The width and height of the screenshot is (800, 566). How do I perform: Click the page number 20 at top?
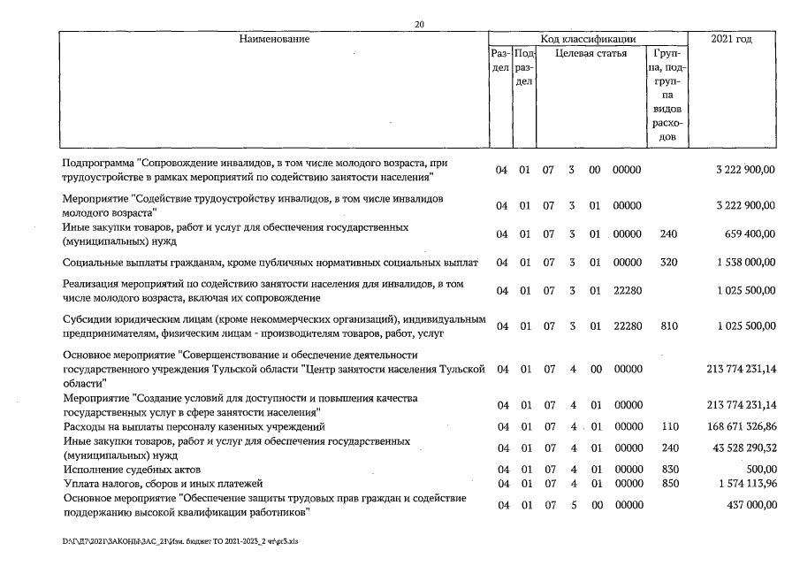pyautogui.click(x=419, y=24)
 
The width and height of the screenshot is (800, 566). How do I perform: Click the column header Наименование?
pyautogui.click(x=275, y=40)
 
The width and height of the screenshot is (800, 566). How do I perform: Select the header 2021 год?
pyautogui.click(x=732, y=40)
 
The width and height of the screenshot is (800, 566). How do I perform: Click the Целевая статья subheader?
pyautogui.click(x=591, y=53)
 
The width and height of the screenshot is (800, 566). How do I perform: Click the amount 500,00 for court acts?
pyautogui.click(x=759, y=469)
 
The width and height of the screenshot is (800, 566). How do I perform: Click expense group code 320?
pyautogui.click(x=668, y=264)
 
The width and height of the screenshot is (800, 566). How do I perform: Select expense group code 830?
pyautogui.click(x=668, y=469)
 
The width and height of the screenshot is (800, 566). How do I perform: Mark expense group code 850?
pyautogui.click(x=668, y=484)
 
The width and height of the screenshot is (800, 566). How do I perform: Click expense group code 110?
pyautogui.click(x=668, y=426)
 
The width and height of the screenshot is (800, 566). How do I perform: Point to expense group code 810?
pyautogui.click(x=668, y=326)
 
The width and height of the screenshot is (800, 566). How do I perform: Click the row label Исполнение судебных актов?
pyautogui.click(x=133, y=469)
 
